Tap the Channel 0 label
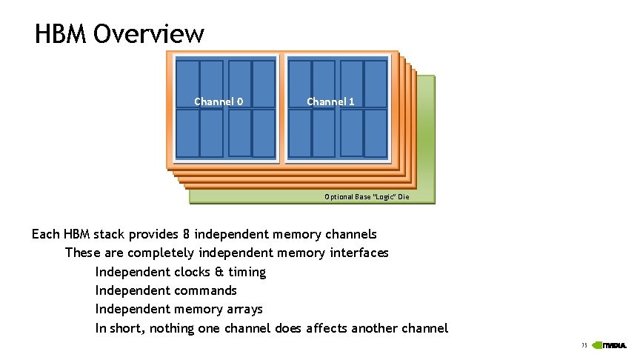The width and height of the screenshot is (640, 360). [219, 101]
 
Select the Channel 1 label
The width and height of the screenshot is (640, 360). [330, 101]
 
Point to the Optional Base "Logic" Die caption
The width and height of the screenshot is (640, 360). [367, 197]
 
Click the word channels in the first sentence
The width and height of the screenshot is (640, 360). [350, 235]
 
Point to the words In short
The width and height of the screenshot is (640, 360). [120, 328]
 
